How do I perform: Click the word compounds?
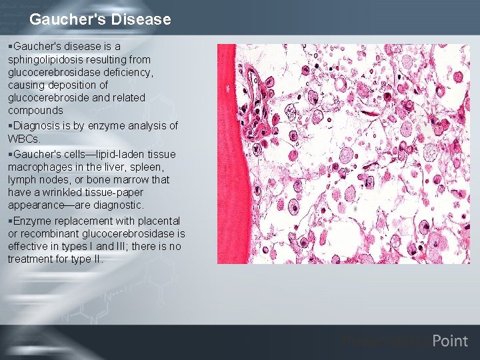[35, 110]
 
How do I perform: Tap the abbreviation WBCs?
[24, 138]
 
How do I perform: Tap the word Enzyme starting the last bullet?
[31, 221]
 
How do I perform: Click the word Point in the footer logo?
[450, 341]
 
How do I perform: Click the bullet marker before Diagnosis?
[10, 125]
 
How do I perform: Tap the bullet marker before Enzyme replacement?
[10, 221]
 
